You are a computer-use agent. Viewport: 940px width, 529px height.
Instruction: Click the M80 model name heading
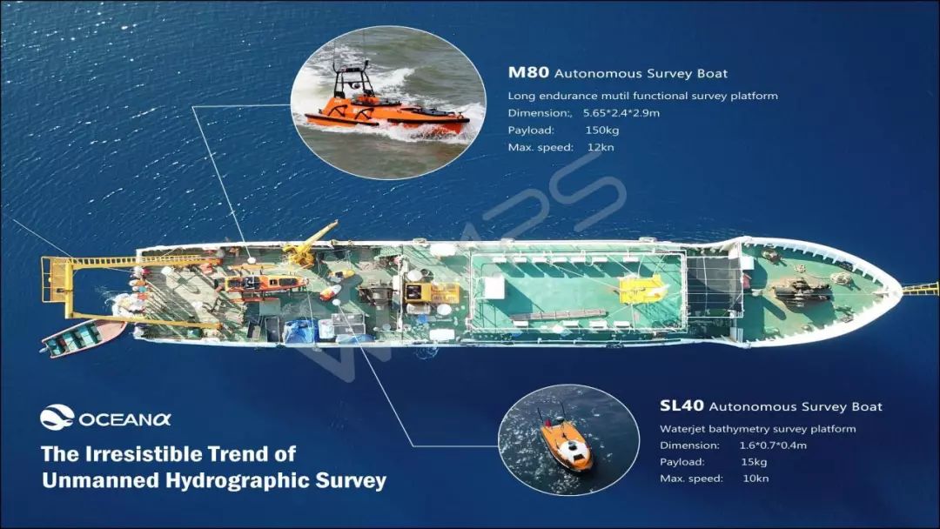pyautogui.click(x=528, y=72)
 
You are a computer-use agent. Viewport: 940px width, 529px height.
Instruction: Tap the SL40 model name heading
pyautogui.click(x=681, y=405)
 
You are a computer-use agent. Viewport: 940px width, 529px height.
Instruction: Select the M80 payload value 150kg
pyautogui.click(x=602, y=130)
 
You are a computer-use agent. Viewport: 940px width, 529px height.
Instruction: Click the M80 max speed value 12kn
pyautogui.click(x=601, y=147)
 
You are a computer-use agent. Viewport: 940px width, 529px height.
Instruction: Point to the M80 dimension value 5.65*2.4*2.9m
pyautogui.click(x=621, y=112)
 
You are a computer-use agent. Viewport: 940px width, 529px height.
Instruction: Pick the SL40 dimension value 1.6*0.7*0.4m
pyautogui.click(x=773, y=445)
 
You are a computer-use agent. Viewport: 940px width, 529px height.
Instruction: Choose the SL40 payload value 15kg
pyautogui.click(x=754, y=462)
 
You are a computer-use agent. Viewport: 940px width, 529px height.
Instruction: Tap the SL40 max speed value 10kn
pyautogui.click(x=755, y=478)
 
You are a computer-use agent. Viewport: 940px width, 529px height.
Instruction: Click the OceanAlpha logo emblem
pyautogui.click(x=57, y=418)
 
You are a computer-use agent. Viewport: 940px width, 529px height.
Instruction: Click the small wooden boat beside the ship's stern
pyautogui.click(x=84, y=337)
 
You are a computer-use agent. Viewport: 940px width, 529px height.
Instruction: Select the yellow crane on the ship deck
pyautogui.click(x=308, y=244)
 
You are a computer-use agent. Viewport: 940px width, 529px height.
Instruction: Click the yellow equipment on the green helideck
pyautogui.click(x=642, y=290)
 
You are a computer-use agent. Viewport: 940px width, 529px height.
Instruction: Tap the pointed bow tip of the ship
pyautogui.click(x=901, y=291)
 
